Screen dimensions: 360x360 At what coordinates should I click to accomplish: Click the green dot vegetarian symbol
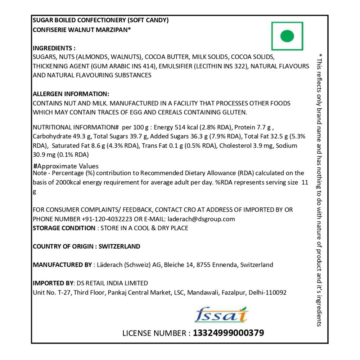pos(287,36)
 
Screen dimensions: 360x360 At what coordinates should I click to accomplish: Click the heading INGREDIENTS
pos(54,48)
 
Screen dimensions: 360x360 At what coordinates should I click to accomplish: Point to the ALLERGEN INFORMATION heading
pos(71,94)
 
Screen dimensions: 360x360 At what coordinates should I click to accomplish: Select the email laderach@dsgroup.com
pos(202,219)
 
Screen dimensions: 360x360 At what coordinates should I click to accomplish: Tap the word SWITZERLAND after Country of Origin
pos(119,247)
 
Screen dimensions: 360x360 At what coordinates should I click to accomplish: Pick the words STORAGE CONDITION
pos(64,228)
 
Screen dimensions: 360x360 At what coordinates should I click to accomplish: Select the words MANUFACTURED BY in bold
pos(62,265)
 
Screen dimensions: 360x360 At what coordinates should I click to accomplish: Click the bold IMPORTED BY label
pos(52,283)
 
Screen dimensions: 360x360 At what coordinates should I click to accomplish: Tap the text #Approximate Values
pos(66,166)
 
